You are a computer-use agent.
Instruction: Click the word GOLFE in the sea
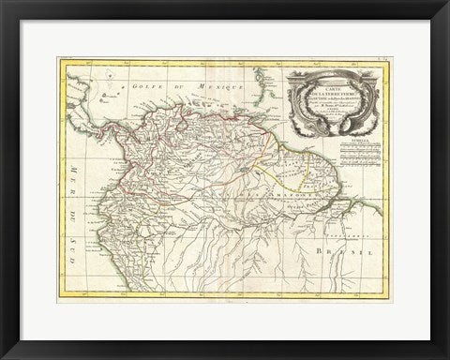pos(147,86)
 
